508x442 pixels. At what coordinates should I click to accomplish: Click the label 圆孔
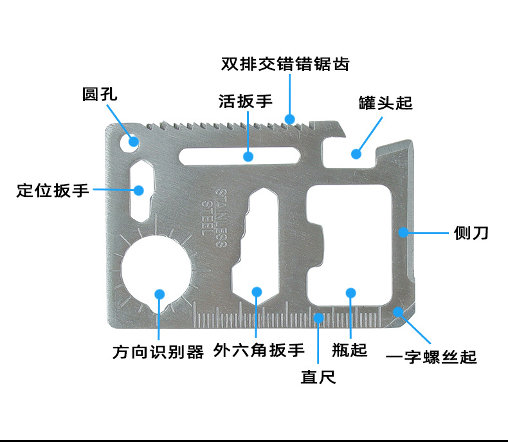(100, 94)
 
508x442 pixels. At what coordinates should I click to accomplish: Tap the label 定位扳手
(53, 190)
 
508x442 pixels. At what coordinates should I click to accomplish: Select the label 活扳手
(246, 101)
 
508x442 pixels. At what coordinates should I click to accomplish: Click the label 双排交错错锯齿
(285, 64)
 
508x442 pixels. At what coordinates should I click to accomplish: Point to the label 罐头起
(385, 102)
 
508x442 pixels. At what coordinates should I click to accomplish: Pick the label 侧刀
(471, 232)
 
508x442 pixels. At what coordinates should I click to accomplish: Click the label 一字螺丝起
(431, 356)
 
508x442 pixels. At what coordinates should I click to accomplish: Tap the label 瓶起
(350, 350)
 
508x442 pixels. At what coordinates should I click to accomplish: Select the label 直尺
(318, 376)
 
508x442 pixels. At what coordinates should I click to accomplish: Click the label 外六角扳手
(259, 351)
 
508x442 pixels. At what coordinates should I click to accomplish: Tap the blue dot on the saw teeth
(290, 118)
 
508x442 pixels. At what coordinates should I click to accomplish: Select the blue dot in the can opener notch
(356, 153)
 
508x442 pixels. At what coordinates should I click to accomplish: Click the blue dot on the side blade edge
(403, 232)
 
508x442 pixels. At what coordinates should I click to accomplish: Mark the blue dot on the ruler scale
(318, 317)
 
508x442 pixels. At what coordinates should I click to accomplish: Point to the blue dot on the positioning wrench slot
(138, 189)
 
